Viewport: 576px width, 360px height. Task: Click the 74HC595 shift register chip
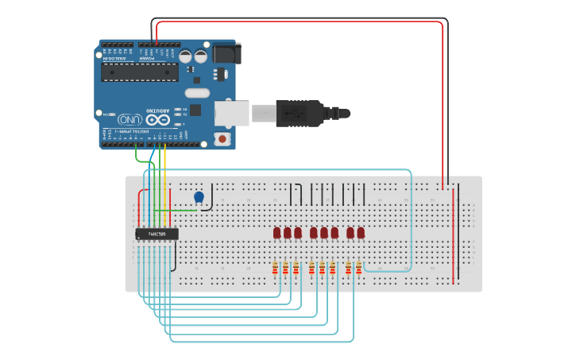157,234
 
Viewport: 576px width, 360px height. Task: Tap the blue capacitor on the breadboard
199,196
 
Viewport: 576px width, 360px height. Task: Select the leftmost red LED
277,232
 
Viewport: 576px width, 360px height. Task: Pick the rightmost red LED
361,232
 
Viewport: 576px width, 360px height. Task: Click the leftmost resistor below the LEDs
276,269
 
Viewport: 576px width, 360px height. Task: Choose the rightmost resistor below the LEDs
358,269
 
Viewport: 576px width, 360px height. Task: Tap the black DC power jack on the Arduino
227,53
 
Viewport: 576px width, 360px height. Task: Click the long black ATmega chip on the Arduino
140,72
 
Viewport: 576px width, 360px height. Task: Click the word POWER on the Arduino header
148,58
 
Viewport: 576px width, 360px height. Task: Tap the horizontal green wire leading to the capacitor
176,211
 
